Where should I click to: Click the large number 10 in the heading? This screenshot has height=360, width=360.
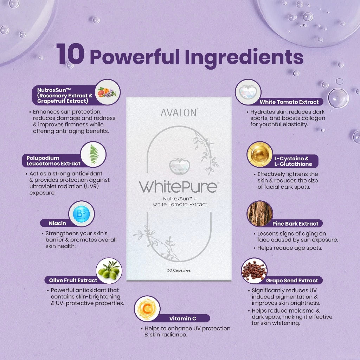70,55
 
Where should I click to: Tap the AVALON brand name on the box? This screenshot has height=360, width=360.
179,113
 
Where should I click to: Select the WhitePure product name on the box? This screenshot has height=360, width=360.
178,186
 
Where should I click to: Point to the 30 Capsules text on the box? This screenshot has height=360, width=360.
179,270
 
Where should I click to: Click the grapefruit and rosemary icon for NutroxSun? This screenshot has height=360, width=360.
107,92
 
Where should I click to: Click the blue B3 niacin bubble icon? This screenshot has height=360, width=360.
81,214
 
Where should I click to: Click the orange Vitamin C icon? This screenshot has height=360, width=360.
147,309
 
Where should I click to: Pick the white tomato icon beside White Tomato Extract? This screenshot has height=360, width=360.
248,92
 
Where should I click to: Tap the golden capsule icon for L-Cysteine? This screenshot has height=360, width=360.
260,154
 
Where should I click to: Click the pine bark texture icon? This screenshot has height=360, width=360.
260,213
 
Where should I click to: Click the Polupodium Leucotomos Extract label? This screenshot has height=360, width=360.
53,161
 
